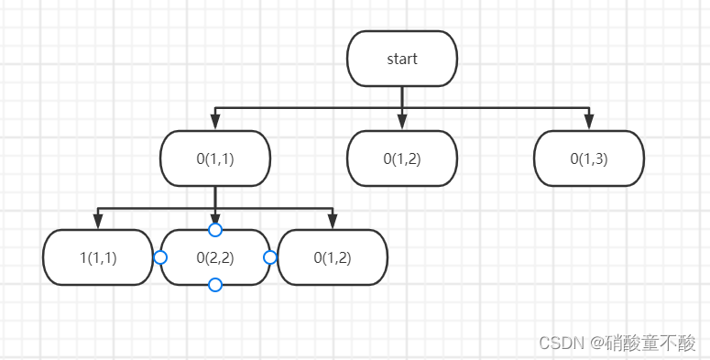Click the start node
click(401, 60)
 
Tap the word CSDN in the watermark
click(561, 343)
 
